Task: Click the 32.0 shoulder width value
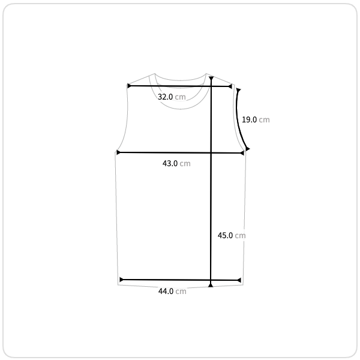click(166, 97)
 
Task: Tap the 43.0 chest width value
click(170, 163)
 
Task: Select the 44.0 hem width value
click(166, 292)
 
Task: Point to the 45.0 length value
click(225, 236)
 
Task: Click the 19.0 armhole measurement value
click(250, 119)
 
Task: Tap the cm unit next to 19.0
click(264, 120)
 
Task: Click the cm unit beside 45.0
click(240, 236)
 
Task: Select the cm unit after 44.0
click(181, 292)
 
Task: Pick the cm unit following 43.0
click(185, 164)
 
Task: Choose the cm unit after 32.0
click(180, 97)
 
